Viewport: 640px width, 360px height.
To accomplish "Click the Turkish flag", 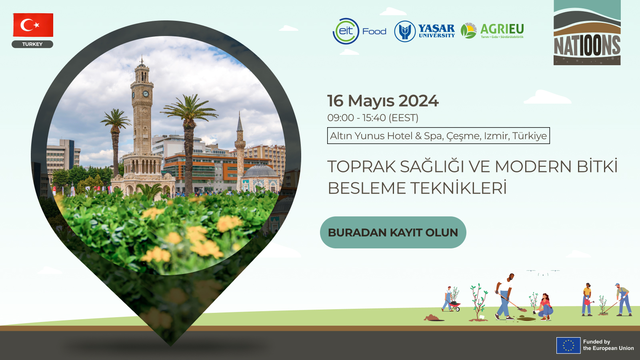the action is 33,25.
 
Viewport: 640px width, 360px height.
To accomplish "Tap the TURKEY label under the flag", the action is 32,44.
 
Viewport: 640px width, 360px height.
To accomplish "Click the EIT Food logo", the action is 360,31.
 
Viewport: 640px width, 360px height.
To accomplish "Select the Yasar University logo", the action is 424,31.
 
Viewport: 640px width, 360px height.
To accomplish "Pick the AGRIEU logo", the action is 492,30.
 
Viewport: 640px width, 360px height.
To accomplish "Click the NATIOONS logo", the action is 587,32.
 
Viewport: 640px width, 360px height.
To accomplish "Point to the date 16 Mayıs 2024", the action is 383,101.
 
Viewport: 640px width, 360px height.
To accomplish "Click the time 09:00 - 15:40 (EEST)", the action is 373,118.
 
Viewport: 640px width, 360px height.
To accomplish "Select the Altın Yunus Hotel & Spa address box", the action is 438,136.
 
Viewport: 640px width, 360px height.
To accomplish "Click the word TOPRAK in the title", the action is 362,166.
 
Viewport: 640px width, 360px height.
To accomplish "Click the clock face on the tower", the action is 146,94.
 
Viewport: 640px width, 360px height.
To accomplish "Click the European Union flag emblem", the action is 568,345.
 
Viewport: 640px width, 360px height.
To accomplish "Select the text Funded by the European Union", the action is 608,345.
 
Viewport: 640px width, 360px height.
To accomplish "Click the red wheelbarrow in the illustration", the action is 455,306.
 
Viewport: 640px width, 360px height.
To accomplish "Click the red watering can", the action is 588,302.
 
